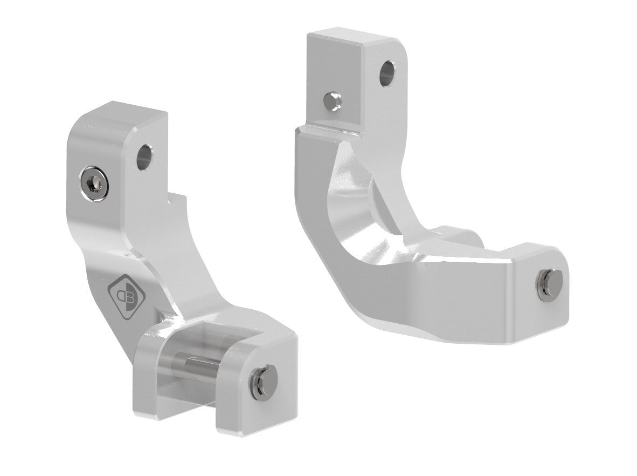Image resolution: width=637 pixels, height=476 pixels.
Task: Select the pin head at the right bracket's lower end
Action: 550,281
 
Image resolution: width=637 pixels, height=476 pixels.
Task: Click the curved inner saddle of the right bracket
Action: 366,216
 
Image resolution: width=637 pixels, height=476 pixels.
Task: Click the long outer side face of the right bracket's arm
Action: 431,302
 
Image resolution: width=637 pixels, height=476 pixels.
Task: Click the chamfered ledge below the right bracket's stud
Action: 323,130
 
